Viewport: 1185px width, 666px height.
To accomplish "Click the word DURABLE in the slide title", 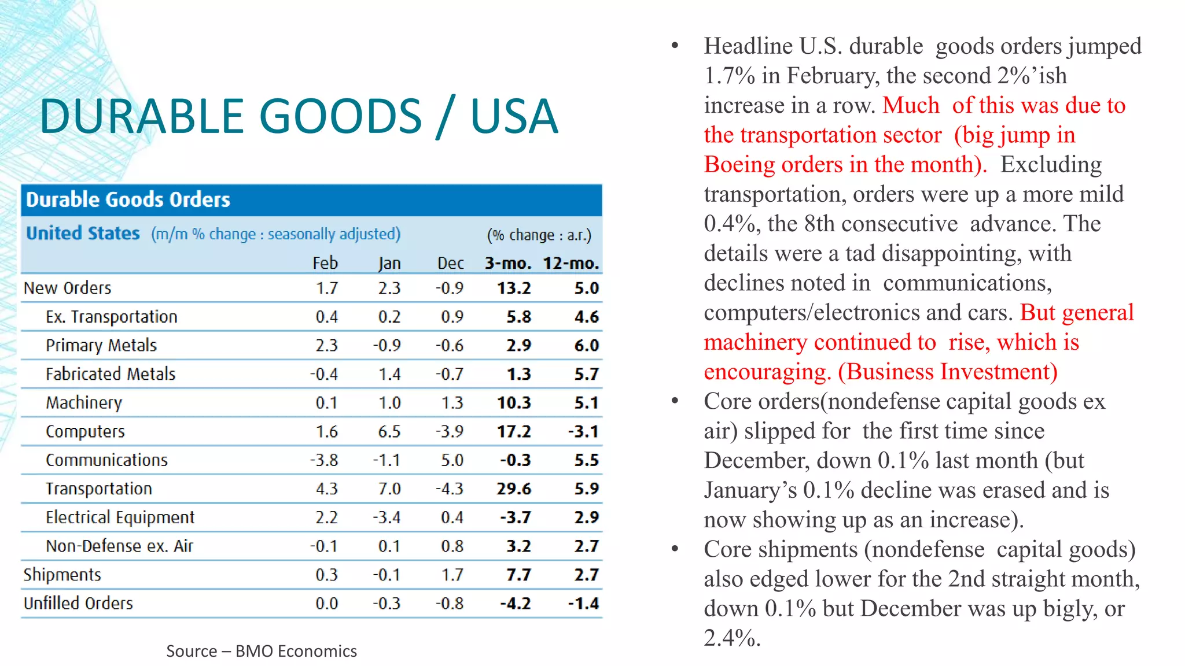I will click(141, 117).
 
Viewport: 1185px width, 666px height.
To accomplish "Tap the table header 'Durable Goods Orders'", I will click(128, 200).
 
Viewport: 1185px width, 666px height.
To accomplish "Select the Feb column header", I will click(325, 264).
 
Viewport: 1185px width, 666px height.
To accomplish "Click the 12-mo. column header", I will click(571, 264).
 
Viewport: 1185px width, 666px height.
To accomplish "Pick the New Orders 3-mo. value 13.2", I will click(514, 288).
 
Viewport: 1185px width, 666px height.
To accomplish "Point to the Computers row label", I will click(85, 432).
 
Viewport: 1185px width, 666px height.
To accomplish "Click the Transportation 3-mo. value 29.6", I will click(514, 489).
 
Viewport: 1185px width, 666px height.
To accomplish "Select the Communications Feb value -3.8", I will click(324, 460).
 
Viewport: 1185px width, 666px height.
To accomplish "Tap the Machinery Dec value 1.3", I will click(452, 403).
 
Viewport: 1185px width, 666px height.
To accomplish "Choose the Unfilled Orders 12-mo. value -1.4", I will click(583, 604).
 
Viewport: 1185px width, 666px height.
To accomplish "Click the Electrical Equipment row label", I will click(120, 517).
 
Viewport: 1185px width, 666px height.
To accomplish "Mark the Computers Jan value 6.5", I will click(389, 432).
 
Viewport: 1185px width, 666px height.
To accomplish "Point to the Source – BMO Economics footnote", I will click(262, 652).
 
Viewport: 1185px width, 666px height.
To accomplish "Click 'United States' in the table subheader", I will click(83, 234).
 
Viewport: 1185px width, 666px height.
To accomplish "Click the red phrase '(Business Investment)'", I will click(947, 372).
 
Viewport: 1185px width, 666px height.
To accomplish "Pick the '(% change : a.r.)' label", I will click(539, 235).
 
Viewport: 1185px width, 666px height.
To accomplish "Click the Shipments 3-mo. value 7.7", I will click(518, 575).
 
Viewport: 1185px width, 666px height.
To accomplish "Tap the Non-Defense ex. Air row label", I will click(119, 546).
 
